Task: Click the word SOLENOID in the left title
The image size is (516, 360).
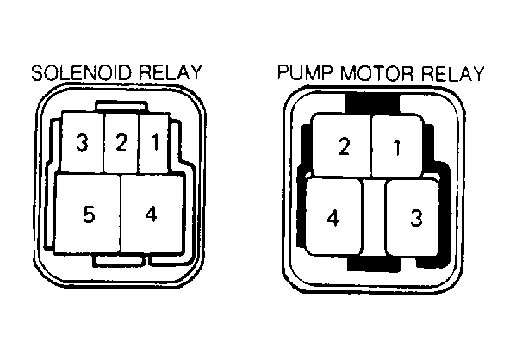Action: (x=82, y=72)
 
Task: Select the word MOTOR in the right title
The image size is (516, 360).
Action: (x=376, y=73)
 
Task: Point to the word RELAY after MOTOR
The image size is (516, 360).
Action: (x=453, y=74)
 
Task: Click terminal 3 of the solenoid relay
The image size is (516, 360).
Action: (x=83, y=142)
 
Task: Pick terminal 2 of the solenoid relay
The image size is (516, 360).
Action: (x=121, y=143)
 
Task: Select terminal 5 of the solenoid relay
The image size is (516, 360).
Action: (x=88, y=214)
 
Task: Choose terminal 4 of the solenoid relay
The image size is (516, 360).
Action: (x=152, y=214)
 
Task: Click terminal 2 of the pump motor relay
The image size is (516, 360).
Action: (x=342, y=146)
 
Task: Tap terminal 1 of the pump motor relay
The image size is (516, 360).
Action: (x=397, y=146)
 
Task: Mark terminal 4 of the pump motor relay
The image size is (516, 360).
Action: (x=333, y=217)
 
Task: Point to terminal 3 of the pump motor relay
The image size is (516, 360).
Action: (x=413, y=218)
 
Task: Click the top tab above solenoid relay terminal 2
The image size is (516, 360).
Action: (x=121, y=106)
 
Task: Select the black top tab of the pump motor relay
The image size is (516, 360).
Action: (x=372, y=104)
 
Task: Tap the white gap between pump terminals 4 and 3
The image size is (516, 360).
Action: (x=374, y=217)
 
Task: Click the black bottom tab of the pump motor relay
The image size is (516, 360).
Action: (x=374, y=264)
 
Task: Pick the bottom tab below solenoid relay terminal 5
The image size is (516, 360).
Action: (x=119, y=259)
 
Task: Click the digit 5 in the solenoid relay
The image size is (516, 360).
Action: (x=89, y=214)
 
